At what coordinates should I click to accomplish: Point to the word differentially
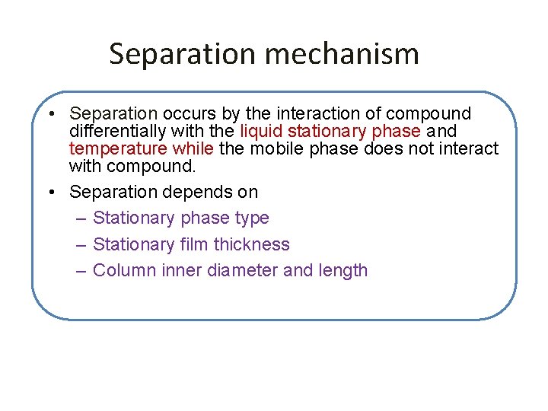pyautogui.click(x=114, y=132)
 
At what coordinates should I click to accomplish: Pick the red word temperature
pyautogui.click(x=116, y=148)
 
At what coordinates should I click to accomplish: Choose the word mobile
pyautogui.click(x=277, y=148)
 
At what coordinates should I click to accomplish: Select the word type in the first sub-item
pyautogui.click(x=252, y=218)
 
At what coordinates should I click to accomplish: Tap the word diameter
pyautogui.click(x=241, y=270)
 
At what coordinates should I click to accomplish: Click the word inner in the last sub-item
pyautogui.click(x=182, y=270)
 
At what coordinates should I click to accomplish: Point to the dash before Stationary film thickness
pyautogui.click(x=82, y=244)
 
